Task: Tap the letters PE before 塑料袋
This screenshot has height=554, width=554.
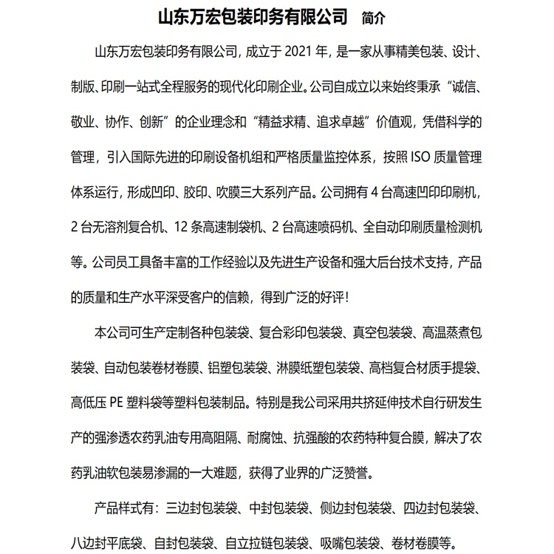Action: [x=118, y=403]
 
